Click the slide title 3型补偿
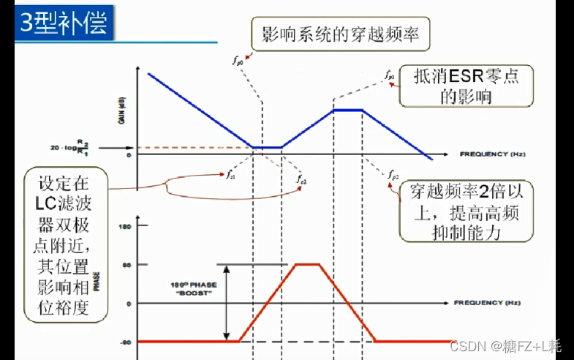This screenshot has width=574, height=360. pyautogui.click(x=64, y=23)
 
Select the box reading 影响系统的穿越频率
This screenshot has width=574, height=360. pyautogui.click(x=340, y=34)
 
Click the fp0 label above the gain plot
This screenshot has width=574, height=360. pyautogui.click(x=239, y=64)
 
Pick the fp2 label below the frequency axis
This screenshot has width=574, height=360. pyautogui.click(x=393, y=176)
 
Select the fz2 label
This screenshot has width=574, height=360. pyautogui.click(x=301, y=179)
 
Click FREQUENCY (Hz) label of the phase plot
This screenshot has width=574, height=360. pyautogui.click(x=487, y=302)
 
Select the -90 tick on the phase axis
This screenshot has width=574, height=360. pyautogui.click(x=125, y=342)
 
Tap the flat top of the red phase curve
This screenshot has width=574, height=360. pyautogui.click(x=307, y=264)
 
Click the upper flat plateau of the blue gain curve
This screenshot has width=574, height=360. pyautogui.click(x=347, y=110)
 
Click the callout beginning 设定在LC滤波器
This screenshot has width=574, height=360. pyautogui.click(x=66, y=244)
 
